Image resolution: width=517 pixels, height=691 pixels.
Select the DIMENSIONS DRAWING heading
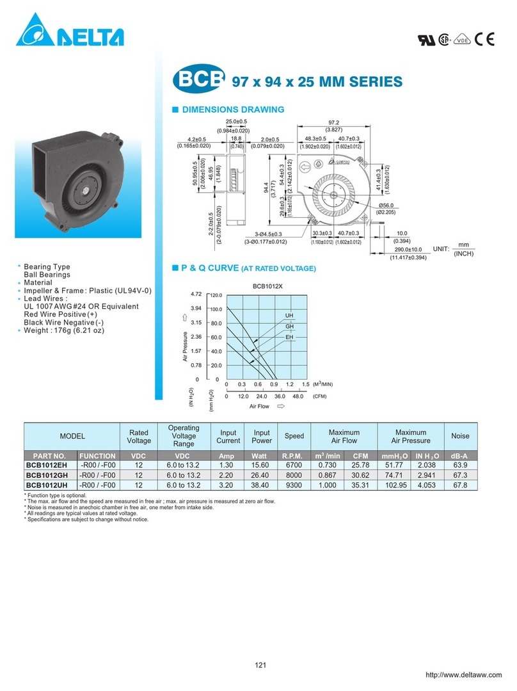(x=233, y=110)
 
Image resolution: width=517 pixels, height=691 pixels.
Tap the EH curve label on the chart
(x=289, y=337)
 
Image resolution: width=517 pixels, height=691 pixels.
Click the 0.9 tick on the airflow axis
(x=274, y=384)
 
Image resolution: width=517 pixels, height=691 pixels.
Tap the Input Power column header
(x=261, y=436)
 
